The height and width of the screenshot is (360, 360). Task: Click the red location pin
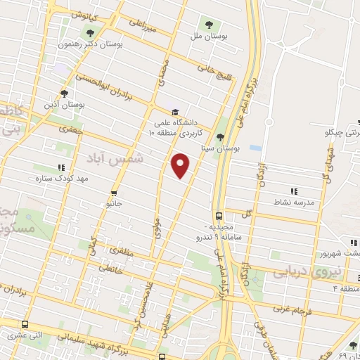click(181, 166)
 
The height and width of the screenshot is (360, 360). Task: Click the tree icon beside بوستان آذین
click(64, 93)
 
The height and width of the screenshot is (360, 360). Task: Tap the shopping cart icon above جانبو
click(114, 192)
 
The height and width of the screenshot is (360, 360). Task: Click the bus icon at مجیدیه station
click(219, 215)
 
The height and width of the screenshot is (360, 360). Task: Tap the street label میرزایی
click(142, 27)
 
